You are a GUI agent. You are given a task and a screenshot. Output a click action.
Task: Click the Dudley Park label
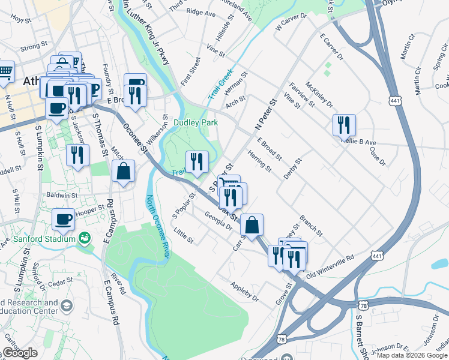195,122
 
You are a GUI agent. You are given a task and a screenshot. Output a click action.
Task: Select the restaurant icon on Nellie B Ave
344,125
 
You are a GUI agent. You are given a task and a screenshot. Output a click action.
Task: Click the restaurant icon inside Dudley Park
196,161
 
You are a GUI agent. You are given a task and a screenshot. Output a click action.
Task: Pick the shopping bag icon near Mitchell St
123,170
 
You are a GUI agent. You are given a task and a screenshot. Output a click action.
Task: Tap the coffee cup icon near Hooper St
63,219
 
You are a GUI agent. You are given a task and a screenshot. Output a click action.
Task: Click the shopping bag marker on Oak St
252,225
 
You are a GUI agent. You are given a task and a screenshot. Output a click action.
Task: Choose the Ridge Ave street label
201,12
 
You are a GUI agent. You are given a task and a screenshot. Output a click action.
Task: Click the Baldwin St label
60,195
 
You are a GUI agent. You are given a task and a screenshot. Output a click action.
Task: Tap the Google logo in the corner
19,353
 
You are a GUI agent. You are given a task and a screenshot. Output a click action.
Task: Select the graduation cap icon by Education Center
67,306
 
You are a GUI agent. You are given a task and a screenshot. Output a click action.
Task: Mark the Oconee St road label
134,136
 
